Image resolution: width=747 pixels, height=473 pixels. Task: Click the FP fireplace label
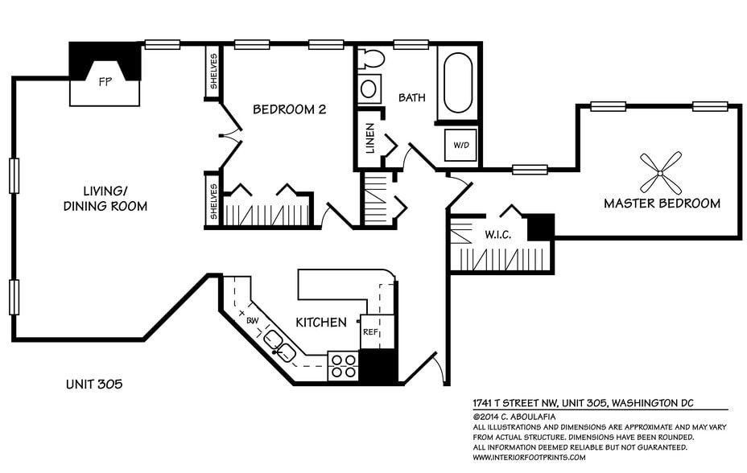pos(105,82)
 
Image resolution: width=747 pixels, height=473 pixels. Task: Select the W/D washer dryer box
pos(461,146)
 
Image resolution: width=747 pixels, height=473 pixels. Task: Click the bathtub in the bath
pos(459,83)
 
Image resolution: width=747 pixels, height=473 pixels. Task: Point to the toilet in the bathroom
pos(371,59)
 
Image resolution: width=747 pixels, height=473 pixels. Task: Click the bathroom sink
pos(369,88)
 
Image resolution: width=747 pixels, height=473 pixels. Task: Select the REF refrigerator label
pos(370,331)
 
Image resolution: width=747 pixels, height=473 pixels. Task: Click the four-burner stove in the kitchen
pos(343,367)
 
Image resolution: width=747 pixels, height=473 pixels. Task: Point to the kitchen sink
pos(279,343)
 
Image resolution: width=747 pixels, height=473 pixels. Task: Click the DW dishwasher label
pos(251,320)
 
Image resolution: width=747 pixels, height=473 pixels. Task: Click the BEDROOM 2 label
pos(289,109)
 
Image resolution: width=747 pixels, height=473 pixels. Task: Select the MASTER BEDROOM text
pos(662,204)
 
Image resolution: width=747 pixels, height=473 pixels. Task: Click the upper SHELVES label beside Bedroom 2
pos(213,72)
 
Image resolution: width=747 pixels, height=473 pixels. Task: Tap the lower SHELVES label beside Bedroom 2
pos(213,200)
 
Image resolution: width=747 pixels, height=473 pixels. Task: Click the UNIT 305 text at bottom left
pos(93,385)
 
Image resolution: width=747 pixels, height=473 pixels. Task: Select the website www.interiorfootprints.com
pos(530,457)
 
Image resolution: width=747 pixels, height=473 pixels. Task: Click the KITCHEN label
pos(321,323)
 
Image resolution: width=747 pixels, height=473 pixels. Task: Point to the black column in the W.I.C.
pos(541,227)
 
